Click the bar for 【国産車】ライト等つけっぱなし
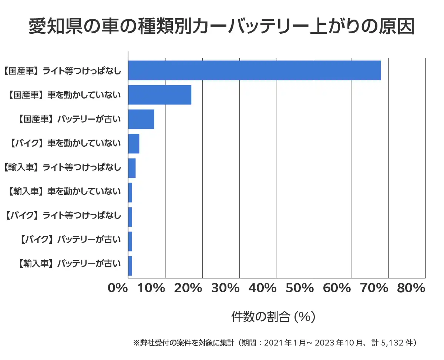254,70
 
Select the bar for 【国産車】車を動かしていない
159,95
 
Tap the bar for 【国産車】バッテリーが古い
141,119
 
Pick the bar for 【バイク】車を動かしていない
134,144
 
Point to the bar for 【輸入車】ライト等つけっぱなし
132,168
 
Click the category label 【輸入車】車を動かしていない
64,192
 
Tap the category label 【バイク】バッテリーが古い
69,240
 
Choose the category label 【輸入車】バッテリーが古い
69,264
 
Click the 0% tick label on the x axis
118,289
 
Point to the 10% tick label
152,289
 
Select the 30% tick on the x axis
226,289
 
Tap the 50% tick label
300,289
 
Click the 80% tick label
411,289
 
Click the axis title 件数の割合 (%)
273,317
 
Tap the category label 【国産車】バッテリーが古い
69,120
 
